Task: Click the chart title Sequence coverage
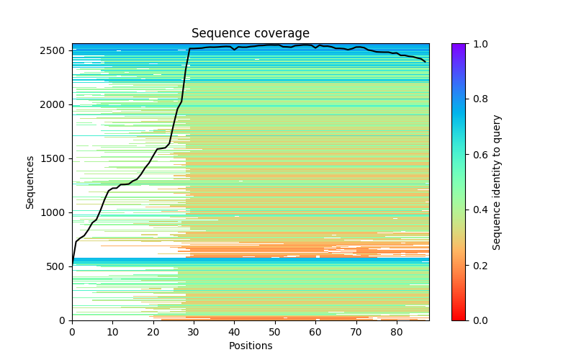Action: [x=251, y=34]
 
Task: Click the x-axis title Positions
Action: [x=251, y=346]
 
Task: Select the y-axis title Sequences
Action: [x=30, y=182]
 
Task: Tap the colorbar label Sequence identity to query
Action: [x=497, y=182]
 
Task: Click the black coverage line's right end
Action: [x=425, y=62]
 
